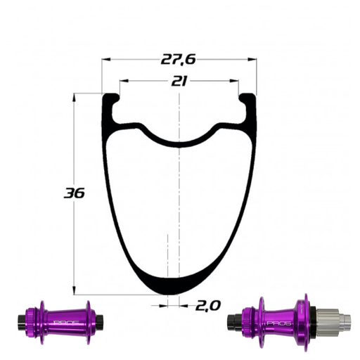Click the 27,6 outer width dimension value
179,62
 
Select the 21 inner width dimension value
179,82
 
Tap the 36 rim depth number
74,192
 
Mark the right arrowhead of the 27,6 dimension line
253,62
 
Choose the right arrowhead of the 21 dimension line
236,82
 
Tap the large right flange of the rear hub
303,322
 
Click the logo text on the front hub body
62,323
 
